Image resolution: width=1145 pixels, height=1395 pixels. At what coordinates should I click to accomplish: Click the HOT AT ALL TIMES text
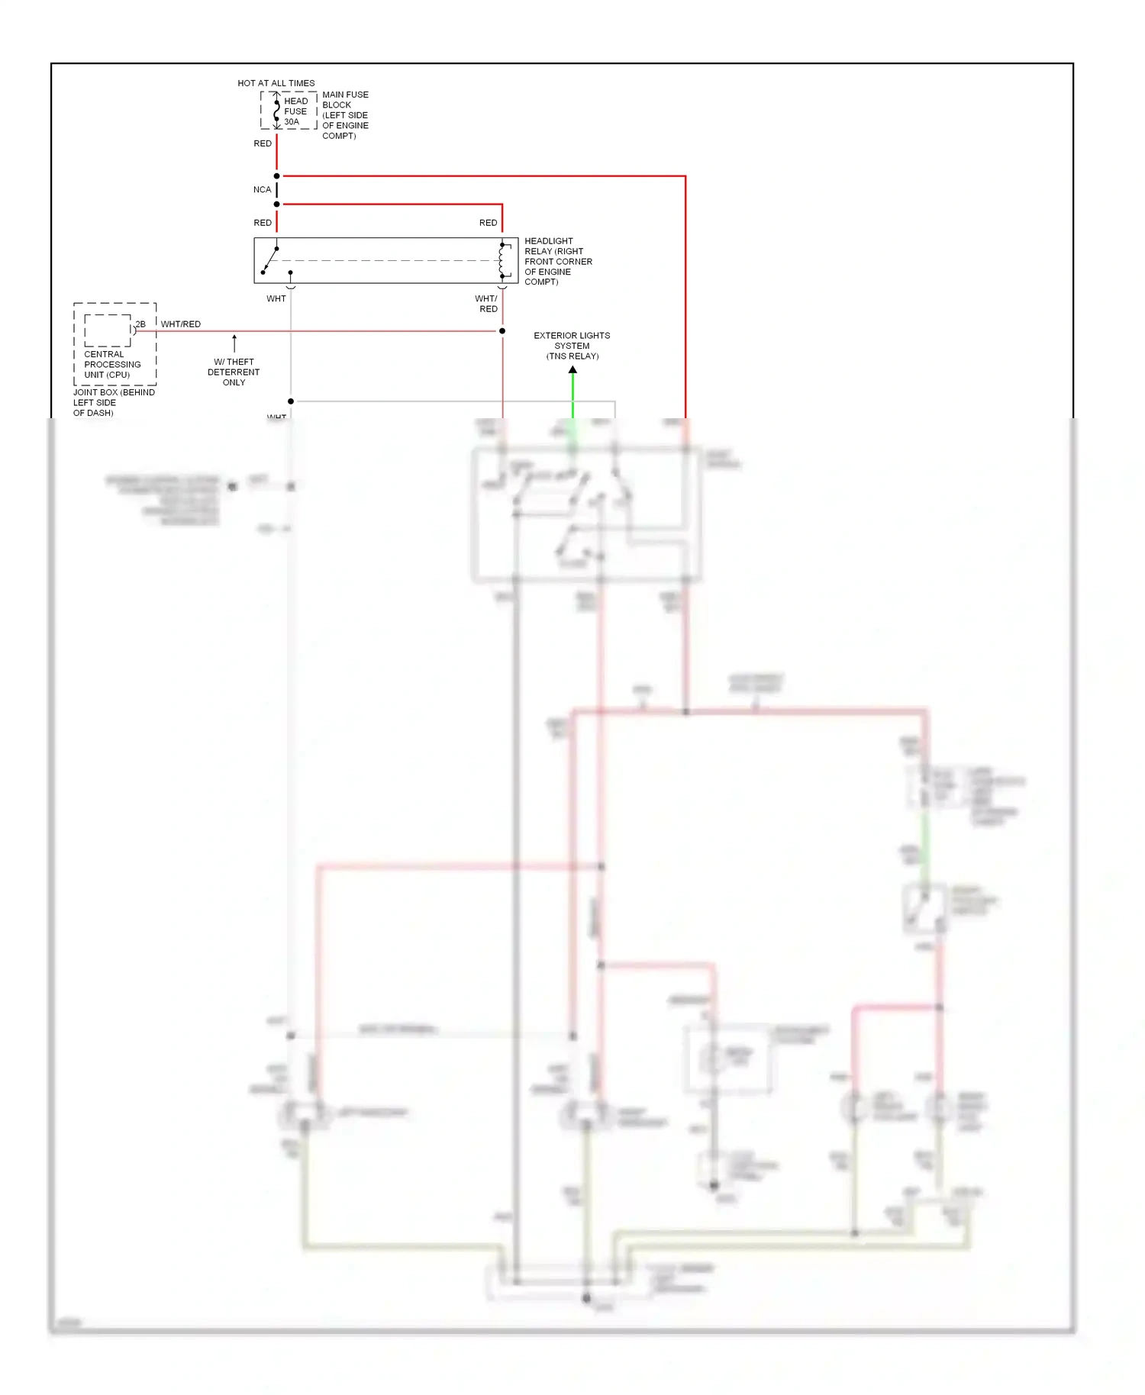coord(276,83)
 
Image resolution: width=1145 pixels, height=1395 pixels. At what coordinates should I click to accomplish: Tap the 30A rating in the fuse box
coord(292,122)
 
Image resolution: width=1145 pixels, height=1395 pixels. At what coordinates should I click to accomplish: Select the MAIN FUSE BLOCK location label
coord(345,115)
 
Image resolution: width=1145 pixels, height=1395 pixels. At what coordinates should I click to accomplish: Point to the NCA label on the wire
coord(262,190)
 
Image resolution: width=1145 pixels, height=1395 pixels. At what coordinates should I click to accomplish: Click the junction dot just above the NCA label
coord(276,176)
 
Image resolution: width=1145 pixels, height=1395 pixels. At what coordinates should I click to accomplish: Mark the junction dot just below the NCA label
coord(276,205)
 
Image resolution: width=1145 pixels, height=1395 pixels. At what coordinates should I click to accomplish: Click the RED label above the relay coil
coord(488,223)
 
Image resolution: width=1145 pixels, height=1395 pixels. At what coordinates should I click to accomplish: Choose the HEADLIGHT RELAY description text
coord(558,262)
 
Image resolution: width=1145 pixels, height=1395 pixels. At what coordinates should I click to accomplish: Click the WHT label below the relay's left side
coord(276,299)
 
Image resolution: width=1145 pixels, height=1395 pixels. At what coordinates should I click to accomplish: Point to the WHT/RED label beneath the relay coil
coord(487,304)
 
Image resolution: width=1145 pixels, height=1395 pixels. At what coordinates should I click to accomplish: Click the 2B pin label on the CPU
coord(140,324)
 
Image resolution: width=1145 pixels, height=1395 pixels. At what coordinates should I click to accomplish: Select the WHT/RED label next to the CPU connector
coord(181,324)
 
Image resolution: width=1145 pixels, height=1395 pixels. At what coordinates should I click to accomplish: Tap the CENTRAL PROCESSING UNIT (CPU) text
coord(112,365)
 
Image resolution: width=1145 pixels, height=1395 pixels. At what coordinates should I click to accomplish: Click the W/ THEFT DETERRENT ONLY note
coord(234,372)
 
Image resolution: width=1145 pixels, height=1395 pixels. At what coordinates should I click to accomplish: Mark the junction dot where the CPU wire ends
coord(502,331)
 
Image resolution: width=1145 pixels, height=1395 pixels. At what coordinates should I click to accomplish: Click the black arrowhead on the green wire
coord(572,370)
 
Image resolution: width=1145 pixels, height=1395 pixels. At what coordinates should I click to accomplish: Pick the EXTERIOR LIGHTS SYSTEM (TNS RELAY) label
coord(572,346)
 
